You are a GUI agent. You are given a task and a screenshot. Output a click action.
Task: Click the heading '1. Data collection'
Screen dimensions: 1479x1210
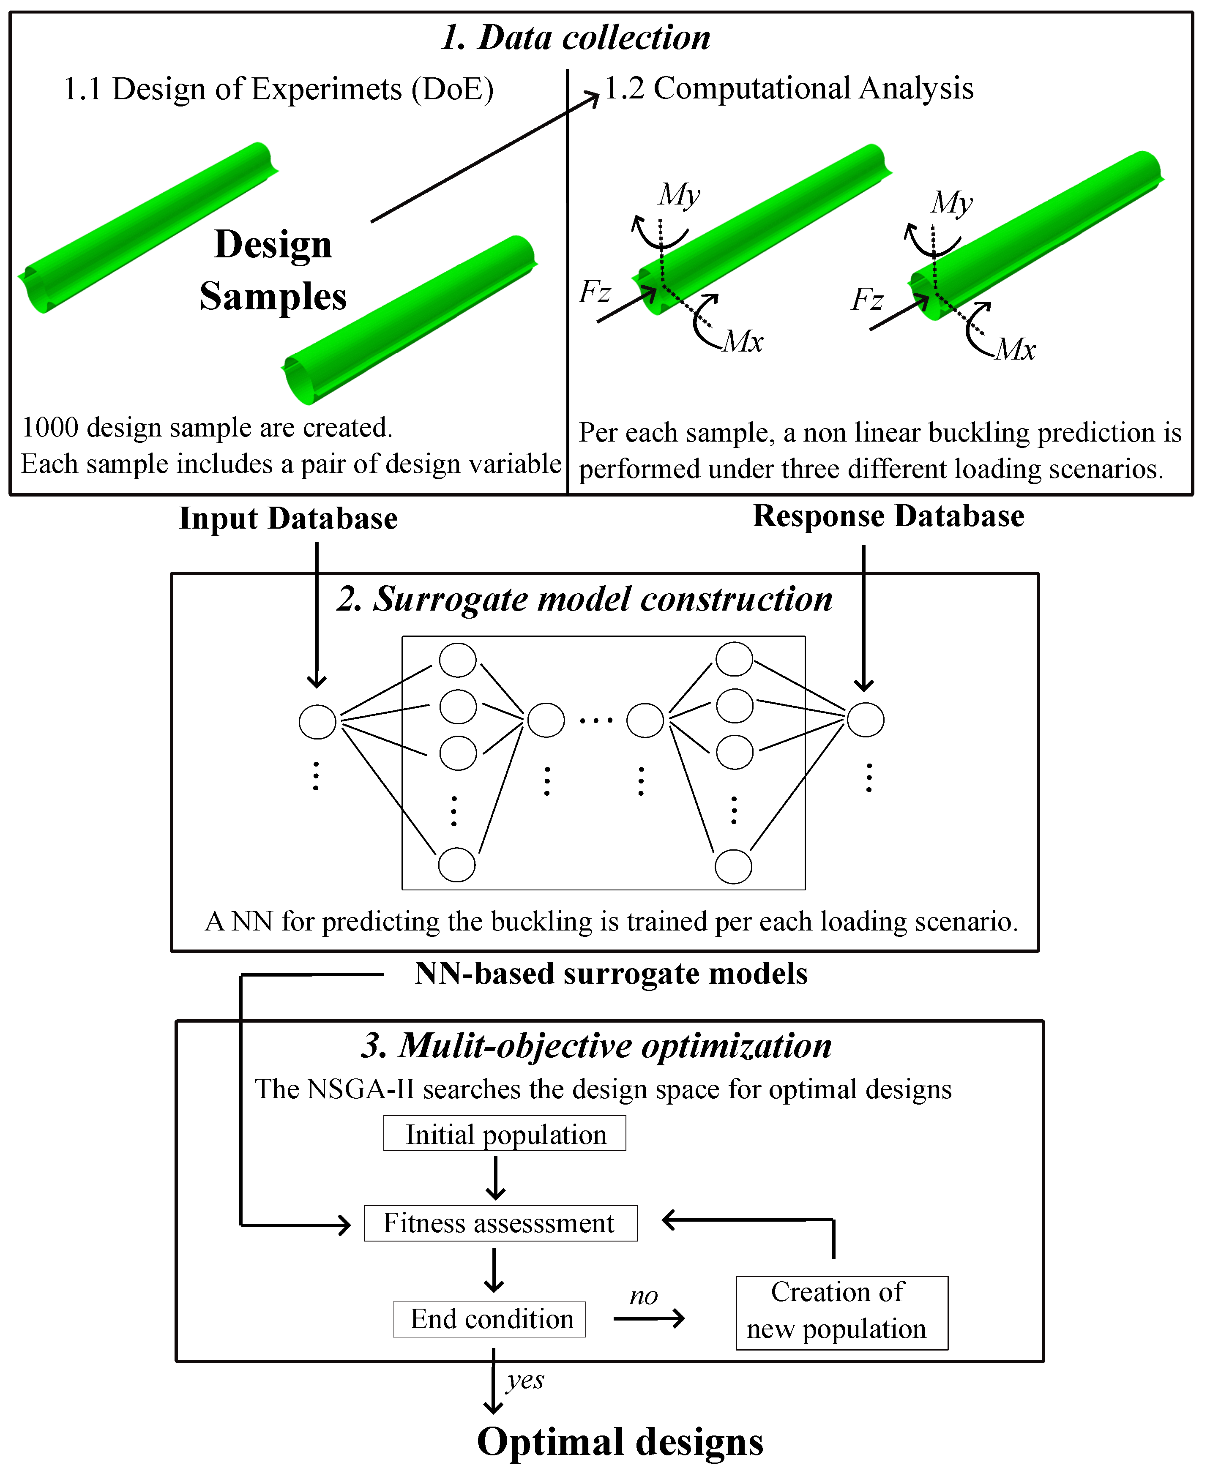[576, 38]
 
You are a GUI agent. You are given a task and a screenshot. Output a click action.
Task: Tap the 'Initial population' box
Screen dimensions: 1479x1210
[505, 1134]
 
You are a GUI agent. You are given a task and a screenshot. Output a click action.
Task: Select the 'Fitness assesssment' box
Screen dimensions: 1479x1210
[500, 1223]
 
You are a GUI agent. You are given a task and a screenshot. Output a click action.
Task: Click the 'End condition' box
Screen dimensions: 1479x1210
[489, 1319]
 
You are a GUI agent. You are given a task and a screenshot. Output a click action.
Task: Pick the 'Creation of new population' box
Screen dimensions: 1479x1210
[841, 1311]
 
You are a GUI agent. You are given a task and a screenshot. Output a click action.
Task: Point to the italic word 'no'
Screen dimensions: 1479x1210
[643, 1295]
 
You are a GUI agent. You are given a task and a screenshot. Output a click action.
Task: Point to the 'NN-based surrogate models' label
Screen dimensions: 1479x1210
[611, 974]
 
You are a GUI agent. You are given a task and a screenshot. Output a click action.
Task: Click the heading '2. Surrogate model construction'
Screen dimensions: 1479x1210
[584, 599]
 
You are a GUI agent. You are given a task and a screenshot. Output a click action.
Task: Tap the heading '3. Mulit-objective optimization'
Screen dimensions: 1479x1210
[596, 1045]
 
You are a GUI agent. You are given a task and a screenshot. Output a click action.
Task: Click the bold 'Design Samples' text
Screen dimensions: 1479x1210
[273, 270]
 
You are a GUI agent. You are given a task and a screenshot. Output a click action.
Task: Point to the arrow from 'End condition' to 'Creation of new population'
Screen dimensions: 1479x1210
[649, 1318]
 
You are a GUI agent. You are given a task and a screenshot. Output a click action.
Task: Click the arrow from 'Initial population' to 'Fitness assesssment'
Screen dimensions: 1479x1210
[496, 1178]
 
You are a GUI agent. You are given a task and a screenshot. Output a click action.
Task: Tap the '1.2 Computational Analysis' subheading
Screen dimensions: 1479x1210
[788, 88]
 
